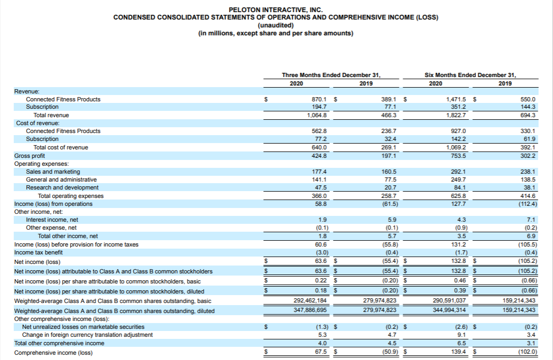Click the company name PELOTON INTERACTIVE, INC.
[275, 10]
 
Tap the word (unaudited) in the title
[275, 25]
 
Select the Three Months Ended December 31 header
[331, 75]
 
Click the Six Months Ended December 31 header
[471, 75]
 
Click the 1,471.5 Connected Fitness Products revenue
[456, 99]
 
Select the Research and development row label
[62, 187]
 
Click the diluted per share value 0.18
[320, 291]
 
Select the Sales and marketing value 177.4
[320, 172]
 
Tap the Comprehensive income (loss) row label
[53, 353]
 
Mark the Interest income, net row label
[52, 220]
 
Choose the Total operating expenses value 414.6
[528, 196]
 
